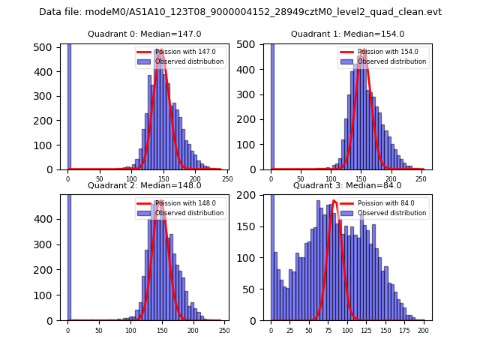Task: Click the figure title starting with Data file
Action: (240, 12)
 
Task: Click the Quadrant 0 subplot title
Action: (143, 34)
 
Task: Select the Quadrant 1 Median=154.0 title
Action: (347, 34)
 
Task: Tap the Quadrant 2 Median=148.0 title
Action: (143, 185)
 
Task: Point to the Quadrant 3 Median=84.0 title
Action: (347, 185)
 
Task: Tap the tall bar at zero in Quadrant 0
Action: (68, 105)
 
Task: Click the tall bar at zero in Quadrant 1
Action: (271, 105)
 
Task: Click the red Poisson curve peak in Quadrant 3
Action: (334, 201)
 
